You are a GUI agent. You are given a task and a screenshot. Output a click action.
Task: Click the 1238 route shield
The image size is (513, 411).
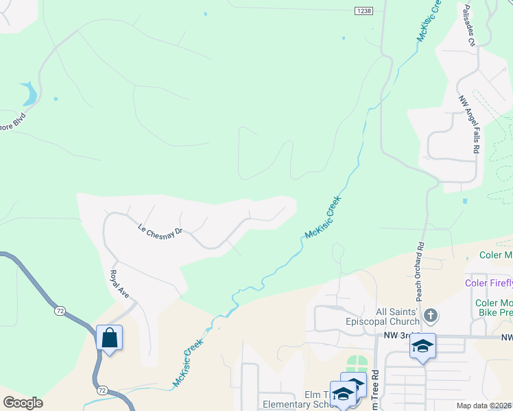363,10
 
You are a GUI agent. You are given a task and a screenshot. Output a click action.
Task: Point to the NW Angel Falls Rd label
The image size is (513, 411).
470,123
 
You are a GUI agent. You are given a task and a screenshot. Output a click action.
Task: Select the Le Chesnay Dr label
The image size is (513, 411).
160,231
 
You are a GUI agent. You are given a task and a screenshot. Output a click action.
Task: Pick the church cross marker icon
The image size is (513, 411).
430,316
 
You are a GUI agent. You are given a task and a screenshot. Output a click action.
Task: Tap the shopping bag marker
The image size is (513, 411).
109,338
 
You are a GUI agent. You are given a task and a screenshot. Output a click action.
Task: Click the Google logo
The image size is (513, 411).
23,403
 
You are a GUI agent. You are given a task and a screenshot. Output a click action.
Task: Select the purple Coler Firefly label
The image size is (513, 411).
488,282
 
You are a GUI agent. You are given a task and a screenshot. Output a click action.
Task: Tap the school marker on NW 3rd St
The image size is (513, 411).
422,346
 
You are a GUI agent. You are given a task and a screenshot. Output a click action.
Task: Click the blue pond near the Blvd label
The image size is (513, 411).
29,93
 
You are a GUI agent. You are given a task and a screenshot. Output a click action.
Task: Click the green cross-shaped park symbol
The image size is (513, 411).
357,364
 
